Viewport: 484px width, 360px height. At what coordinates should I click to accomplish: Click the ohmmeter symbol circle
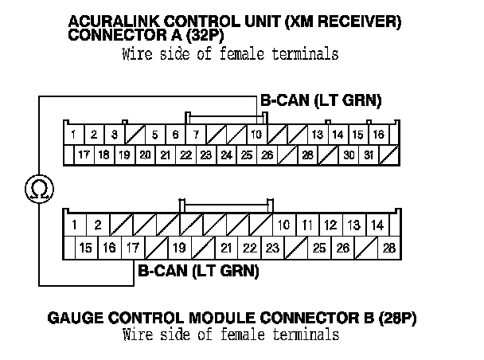[x=37, y=188]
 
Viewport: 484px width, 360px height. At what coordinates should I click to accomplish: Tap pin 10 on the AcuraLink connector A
[x=256, y=135]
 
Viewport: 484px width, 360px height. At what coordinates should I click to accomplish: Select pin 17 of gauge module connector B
[x=132, y=248]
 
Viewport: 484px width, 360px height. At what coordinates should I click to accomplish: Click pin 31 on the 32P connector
[x=369, y=155]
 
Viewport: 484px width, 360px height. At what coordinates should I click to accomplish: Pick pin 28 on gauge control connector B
[x=388, y=248]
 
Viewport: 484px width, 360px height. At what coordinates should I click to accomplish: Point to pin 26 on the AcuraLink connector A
[x=267, y=155]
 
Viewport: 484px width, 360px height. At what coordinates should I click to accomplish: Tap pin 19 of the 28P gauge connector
[x=179, y=248]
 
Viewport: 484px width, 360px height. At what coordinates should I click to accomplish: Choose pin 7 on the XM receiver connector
[x=195, y=135]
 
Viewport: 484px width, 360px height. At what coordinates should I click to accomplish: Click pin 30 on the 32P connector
[x=348, y=155]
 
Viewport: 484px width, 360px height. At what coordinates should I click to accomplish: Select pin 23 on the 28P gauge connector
[x=272, y=248]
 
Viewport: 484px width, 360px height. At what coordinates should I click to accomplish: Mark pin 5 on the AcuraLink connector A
[x=154, y=135]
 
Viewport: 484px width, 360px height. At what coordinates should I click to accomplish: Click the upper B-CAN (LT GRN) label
[x=322, y=101]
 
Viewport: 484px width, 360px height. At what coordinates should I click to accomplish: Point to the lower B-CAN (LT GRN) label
[x=199, y=271]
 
